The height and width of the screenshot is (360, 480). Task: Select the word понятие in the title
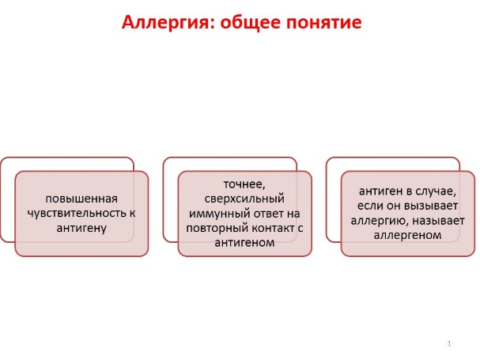pyautogui.click(x=324, y=23)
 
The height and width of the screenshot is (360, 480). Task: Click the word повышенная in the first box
pyautogui.click(x=81, y=199)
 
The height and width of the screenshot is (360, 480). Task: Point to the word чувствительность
pyautogui.click(x=77, y=214)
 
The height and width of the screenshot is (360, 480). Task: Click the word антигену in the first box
pyautogui.click(x=81, y=228)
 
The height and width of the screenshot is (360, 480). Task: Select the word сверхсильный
pyautogui.click(x=244, y=199)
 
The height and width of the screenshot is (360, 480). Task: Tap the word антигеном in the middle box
pyautogui.click(x=244, y=243)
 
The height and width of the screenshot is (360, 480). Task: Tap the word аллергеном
pyautogui.click(x=407, y=235)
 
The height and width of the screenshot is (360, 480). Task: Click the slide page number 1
pyautogui.click(x=449, y=343)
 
